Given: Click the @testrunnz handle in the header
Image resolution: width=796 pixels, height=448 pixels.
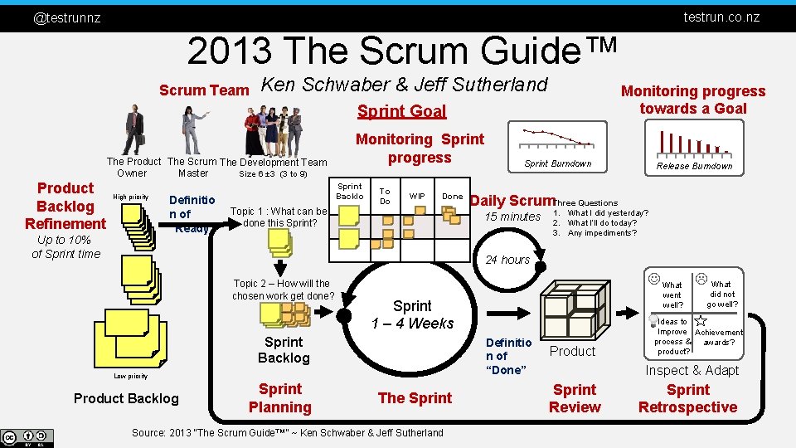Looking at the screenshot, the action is coord(66,17).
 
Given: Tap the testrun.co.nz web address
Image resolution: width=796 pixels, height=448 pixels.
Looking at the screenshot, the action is coord(721,17).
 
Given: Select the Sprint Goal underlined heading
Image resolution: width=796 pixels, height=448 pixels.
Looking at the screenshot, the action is coord(401,111).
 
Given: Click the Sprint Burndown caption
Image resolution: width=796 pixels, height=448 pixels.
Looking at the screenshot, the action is coord(558,163).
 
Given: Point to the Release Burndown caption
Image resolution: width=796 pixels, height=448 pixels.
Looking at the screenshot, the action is coord(694,166).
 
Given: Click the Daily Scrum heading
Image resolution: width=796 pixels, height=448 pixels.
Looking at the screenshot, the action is coord(512,200).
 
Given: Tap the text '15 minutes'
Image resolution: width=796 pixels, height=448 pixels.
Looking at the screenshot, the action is coord(512,217).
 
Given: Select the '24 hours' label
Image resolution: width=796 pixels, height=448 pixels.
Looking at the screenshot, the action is coord(507,260).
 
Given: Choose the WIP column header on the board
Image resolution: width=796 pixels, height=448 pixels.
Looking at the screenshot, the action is coord(417,197).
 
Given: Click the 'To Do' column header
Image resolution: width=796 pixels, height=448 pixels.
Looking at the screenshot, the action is coord(385,196).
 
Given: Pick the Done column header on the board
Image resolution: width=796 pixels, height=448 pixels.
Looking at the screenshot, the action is coord(452,197).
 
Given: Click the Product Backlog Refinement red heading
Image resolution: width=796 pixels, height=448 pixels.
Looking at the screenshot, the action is coord(66,206).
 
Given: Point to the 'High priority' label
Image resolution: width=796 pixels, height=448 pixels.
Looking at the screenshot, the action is coord(131,197).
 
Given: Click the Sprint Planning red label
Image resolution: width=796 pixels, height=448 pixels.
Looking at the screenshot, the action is coord(280,398).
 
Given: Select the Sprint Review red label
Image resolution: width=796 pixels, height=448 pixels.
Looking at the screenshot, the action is coord(575,398).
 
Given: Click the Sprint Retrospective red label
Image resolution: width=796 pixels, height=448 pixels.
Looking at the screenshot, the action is coord(687,398).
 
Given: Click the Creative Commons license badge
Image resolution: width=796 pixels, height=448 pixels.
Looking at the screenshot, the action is coord(27,437).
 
